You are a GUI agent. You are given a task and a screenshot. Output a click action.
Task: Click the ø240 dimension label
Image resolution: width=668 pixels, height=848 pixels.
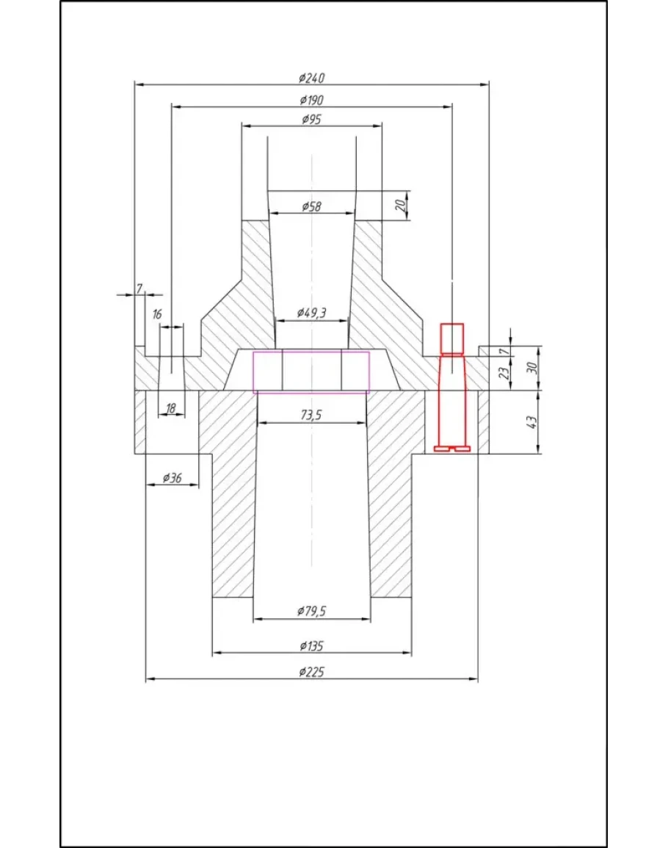point(311,78)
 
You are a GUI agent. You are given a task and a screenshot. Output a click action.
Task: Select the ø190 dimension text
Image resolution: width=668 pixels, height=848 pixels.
point(311,100)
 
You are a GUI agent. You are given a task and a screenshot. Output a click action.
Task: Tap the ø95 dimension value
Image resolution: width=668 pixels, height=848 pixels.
point(311,119)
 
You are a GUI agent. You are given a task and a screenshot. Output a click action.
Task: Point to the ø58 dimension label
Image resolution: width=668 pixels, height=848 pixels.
point(311,206)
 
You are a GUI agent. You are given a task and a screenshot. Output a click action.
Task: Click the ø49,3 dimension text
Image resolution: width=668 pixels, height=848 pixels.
point(311,313)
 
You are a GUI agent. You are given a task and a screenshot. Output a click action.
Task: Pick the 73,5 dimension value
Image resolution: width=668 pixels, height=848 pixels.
point(311,415)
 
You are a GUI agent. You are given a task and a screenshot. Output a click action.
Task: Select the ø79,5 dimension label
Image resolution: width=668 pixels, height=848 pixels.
point(311,611)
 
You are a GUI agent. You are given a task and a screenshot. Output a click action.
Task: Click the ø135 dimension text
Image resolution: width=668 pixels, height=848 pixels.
point(311,646)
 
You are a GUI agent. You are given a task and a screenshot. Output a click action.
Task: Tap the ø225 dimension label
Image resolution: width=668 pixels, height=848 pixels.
point(311,672)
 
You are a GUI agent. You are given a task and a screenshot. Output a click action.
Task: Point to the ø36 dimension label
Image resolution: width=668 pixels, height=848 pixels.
point(172,477)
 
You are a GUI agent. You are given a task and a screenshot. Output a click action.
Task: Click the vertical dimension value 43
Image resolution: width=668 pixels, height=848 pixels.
point(531,422)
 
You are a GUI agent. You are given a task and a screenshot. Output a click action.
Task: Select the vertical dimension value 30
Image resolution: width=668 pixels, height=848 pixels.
point(531,368)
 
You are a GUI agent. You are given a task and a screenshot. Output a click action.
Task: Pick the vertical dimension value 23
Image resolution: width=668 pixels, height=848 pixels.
point(503,373)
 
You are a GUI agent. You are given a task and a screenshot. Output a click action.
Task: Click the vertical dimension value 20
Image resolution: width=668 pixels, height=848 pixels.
point(400,205)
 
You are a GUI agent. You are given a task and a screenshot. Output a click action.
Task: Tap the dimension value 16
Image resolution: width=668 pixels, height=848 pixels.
point(157,314)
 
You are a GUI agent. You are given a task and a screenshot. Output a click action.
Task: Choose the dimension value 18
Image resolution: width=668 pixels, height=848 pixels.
point(171,409)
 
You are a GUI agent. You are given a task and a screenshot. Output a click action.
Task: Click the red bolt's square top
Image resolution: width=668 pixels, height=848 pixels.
point(451,338)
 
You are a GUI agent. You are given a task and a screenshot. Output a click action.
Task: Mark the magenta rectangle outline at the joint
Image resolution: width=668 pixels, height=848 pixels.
point(311,372)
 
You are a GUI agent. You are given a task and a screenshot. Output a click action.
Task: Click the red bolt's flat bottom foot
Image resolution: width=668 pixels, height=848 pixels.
point(452,449)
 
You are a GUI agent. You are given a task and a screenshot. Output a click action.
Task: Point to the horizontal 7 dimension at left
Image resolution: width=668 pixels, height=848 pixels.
point(139,289)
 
